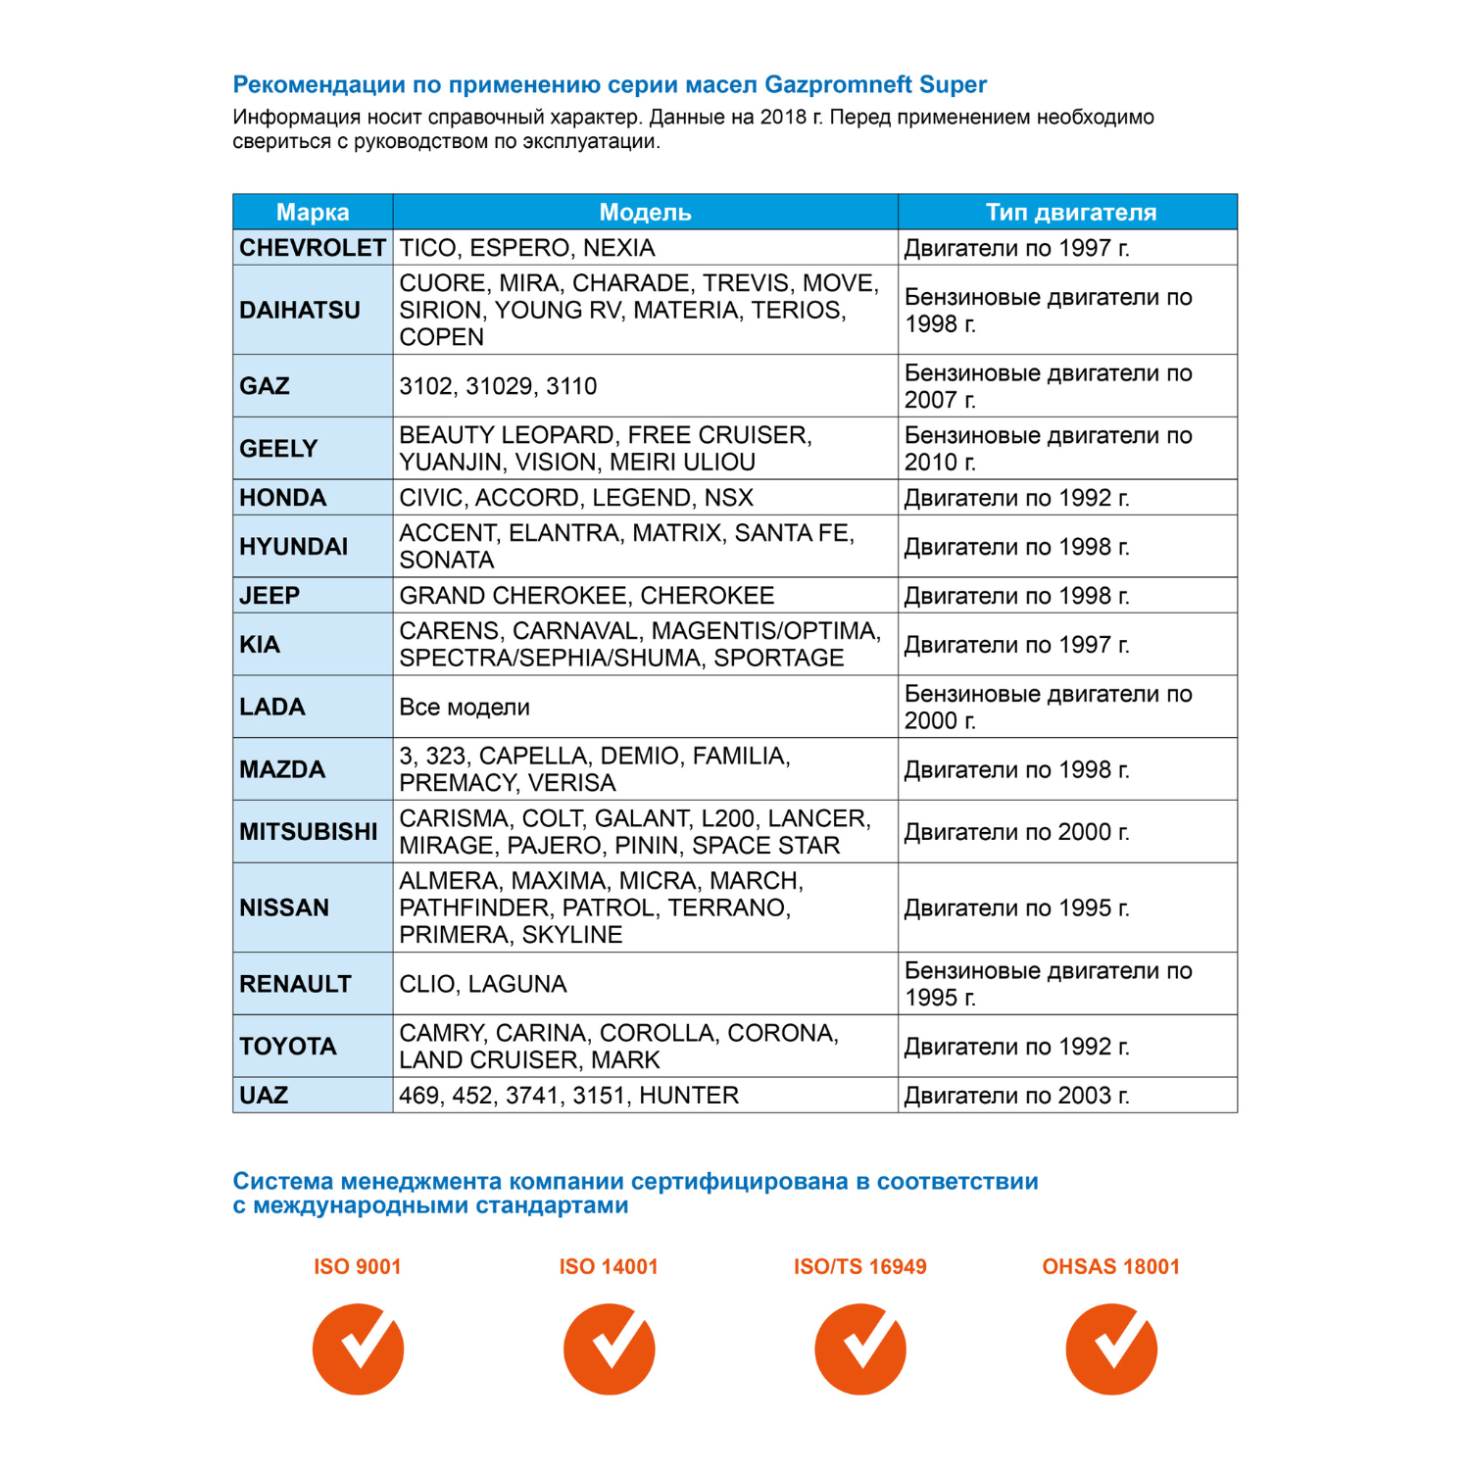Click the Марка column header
pyautogui.click(x=313, y=212)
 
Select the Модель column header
pyautogui.click(x=645, y=212)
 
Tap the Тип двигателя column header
pyautogui.click(x=1070, y=212)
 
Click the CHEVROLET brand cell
pyautogui.click(x=313, y=248)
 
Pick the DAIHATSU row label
pyautogui.click(x=300, y=310)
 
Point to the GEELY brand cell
pyautogui.click(x=279, y=449)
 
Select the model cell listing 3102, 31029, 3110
pyautogui.click(x=498, y=386)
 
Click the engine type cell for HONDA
pyautogui.click(x=1016, y=498)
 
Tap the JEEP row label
pyautogui.click(x=269, y=596)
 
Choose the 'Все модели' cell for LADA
pyautogui.click(x=465, y=707)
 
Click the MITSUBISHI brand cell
pyautogui.click(x=309, y=832)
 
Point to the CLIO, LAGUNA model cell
pyautogui.click(x=483, y=984)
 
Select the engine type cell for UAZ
pyautogui.click(x=1016, y=1096)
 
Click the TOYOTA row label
pyautogui.click(x=288, y=1047)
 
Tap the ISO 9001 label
pyautogui.click(x=358, y=1266)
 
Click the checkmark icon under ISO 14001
pyautogui.click(x=610, y=1348)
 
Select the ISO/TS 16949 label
pyautogui.click(x=860, y=1266)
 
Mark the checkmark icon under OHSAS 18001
pyautogui.click(x=1111, y=1348)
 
